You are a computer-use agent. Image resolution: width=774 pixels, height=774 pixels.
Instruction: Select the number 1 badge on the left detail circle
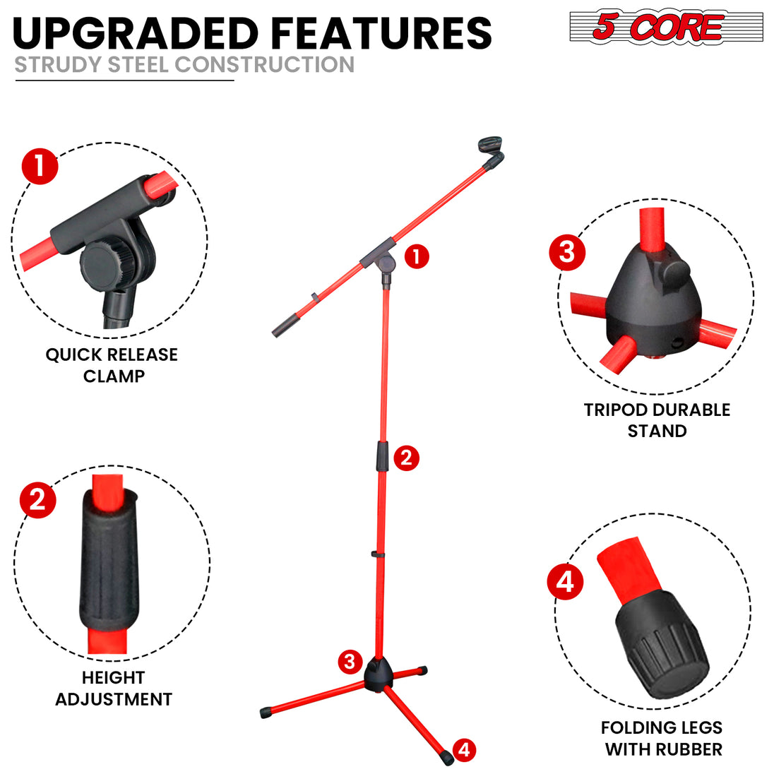click(x=40, y=167)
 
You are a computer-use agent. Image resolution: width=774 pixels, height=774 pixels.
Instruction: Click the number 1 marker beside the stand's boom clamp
click(x=417, y=256)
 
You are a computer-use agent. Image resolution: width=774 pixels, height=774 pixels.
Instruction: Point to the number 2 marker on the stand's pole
click(x=405, y=458)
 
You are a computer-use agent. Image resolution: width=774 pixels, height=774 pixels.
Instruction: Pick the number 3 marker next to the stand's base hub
click(x=350, y=662)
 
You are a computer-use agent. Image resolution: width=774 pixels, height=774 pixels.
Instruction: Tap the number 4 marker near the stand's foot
click(x=464, y=749)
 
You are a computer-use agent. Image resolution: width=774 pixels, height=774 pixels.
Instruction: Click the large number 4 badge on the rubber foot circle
click(x=566, y=583)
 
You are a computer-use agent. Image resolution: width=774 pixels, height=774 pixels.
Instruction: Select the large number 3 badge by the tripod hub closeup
click(x=567, y=252)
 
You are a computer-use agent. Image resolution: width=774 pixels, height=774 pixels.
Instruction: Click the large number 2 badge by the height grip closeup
click(x=38, y=500)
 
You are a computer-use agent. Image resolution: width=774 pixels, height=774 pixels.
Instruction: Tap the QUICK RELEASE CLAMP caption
click(x=112, y=365)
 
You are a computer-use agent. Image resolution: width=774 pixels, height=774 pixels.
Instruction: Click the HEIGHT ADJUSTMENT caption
click(x=114, y=689)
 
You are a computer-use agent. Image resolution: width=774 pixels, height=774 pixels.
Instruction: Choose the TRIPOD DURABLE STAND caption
click(x=657, y=420)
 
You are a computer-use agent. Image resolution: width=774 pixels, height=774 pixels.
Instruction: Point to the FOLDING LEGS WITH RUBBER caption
click(x=662, y=738)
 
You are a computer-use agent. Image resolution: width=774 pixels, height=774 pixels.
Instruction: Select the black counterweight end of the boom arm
click(x=284, y=327)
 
